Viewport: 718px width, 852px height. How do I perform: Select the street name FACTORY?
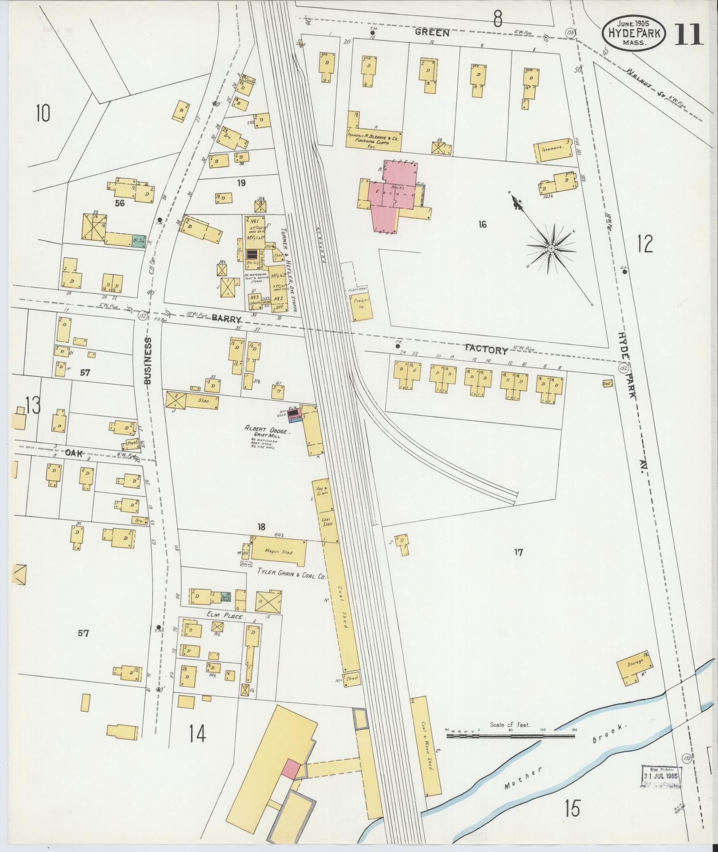[x=486, y=350]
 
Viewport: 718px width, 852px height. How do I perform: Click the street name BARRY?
[x=227, y=318]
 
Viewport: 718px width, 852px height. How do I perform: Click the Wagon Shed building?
[x=279, y=552]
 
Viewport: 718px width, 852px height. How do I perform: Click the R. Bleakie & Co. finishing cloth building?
[x=374, y=136]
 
